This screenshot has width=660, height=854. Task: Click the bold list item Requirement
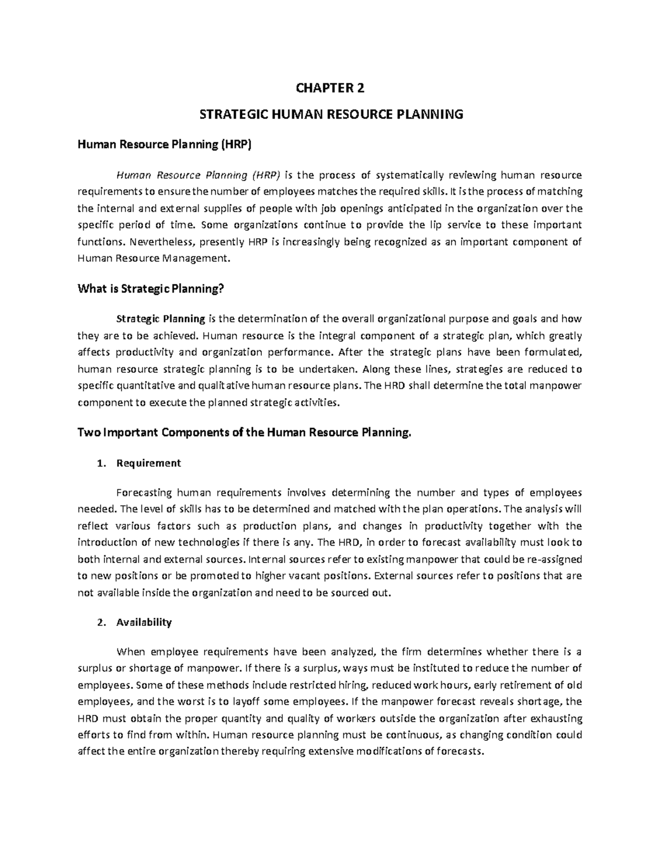point(148,463)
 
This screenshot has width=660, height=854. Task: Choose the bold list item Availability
point(144,622)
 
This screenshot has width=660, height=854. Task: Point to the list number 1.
point(100,463)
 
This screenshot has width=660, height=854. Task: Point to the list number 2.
point(100,622)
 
